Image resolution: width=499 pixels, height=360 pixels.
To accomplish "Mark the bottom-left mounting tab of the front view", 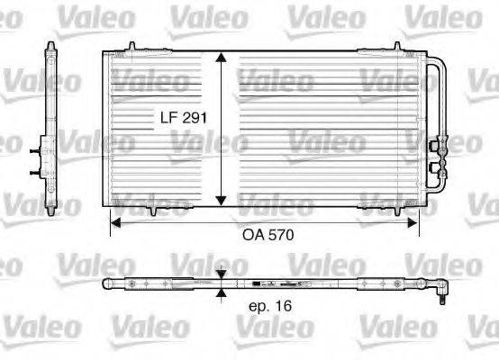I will click(155, 211).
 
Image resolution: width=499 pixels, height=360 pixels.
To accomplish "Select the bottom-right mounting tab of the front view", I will click(376, 211).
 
